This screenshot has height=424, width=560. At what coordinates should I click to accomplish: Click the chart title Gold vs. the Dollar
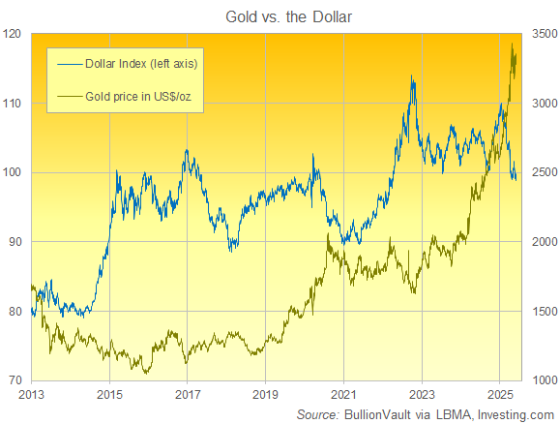pyautogui.click(x=280, y=14)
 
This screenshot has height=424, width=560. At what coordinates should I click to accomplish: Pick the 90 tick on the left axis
pyautogui.click(x=16, y=241)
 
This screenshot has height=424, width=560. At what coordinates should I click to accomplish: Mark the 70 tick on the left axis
pyautogui.click(x=16, y=379)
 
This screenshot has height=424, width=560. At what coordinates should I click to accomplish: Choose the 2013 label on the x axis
pyautogui.click(x=32, y=394)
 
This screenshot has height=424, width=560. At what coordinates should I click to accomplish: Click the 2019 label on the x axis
pyautogui.click(x=265, y=394)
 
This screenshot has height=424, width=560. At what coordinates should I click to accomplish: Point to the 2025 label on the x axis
pyautogui.click(x=499, y=394)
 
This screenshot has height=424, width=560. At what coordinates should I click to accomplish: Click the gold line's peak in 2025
pyautogui.click(x=512, y=44)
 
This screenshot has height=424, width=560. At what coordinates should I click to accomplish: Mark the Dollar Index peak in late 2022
pyautogui.click(x=413, y=76)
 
